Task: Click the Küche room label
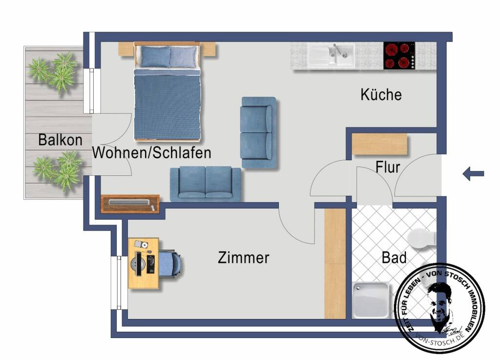click(381, 94)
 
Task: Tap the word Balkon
click(60, 140)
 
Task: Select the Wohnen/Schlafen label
click(152, 152)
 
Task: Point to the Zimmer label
click(243, 257)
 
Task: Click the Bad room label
click(394, 257)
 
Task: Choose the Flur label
click(388, 168)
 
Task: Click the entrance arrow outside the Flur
click(473, 173)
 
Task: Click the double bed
click(167, 90)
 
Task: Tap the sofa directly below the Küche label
click(258, 132)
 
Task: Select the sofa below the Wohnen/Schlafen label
click(206, 184)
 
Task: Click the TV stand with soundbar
click(130, 204)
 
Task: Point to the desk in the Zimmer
click(143, 263)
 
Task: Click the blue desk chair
click(169, 263)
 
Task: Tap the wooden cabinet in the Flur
click(379, 144)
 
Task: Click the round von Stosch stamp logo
click(439, 308)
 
